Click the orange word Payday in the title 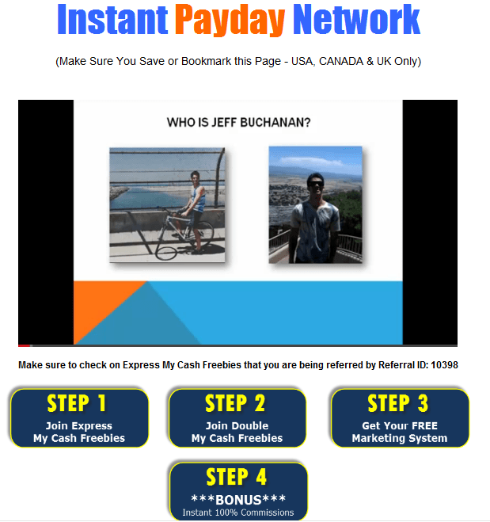coord(230,20)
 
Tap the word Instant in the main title coord(112,19)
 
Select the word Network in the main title coord(356,19)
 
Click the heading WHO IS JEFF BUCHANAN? coord(238,123)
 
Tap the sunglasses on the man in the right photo coord(315,184)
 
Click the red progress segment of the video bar coord(24,345)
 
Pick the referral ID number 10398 coord(444,365)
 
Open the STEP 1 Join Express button coord(79,417)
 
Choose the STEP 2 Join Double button coord(237,417)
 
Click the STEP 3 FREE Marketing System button coord(400,417)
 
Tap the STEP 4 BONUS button coord(238,491)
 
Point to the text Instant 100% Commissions coord(238,512)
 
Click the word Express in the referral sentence coord(141,365)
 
